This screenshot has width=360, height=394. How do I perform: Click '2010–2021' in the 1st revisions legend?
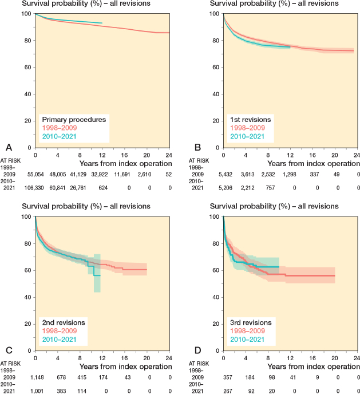(x=247, y=136)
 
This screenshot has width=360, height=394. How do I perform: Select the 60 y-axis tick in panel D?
(x=216, y=270)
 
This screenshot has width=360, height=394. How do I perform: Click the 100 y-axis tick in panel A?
(x=26, y=13)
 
